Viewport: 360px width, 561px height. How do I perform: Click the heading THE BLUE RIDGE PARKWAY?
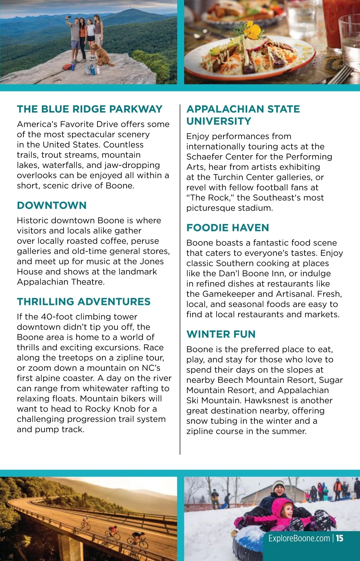coord(89,109)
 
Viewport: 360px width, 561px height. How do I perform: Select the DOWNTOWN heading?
coord(52,205)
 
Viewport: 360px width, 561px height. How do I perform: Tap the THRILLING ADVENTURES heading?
coord(83,301)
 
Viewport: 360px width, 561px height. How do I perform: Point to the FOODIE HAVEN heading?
coord(227,228)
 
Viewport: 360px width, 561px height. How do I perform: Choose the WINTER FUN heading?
coord(221,334)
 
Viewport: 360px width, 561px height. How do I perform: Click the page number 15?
coord(340,538)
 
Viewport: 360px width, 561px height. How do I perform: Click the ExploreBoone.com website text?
coord(299,538)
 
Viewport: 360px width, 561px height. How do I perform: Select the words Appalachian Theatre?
coord(60,282)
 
